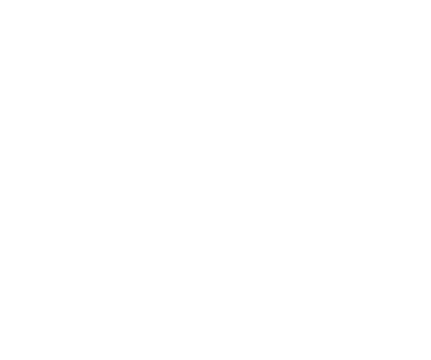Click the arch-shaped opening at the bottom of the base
(215, 326)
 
